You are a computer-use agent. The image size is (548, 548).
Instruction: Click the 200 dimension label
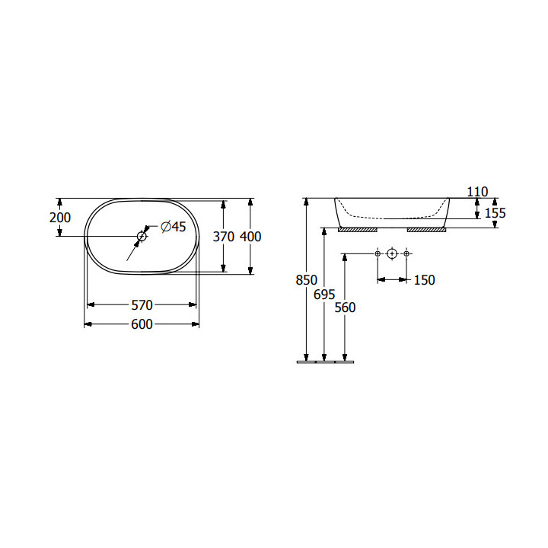pyautogui.click(x=60, y=218)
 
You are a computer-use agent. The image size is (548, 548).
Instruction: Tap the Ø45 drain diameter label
pyautogui.click(x=174, y=227)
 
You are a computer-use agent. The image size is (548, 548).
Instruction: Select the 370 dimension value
pyautogui.click(x=223, y=237)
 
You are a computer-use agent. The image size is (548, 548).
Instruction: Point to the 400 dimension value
pyautogui.click(x=250, y=237)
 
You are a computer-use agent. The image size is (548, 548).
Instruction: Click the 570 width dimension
pyautogui.click(x=142, y=305)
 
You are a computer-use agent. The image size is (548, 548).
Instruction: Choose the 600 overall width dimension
pyautogui.click(x=142, y=324)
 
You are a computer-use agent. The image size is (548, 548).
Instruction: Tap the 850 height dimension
pyautogui.click(x=307, y=280)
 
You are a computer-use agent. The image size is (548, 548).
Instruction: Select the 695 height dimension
pyautogui.click(x=324, y=295)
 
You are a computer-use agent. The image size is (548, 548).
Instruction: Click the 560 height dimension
pyautogui.click(x=345, y=307)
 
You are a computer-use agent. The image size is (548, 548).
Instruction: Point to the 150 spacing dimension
pyautogui.click(x=424, y=280)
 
